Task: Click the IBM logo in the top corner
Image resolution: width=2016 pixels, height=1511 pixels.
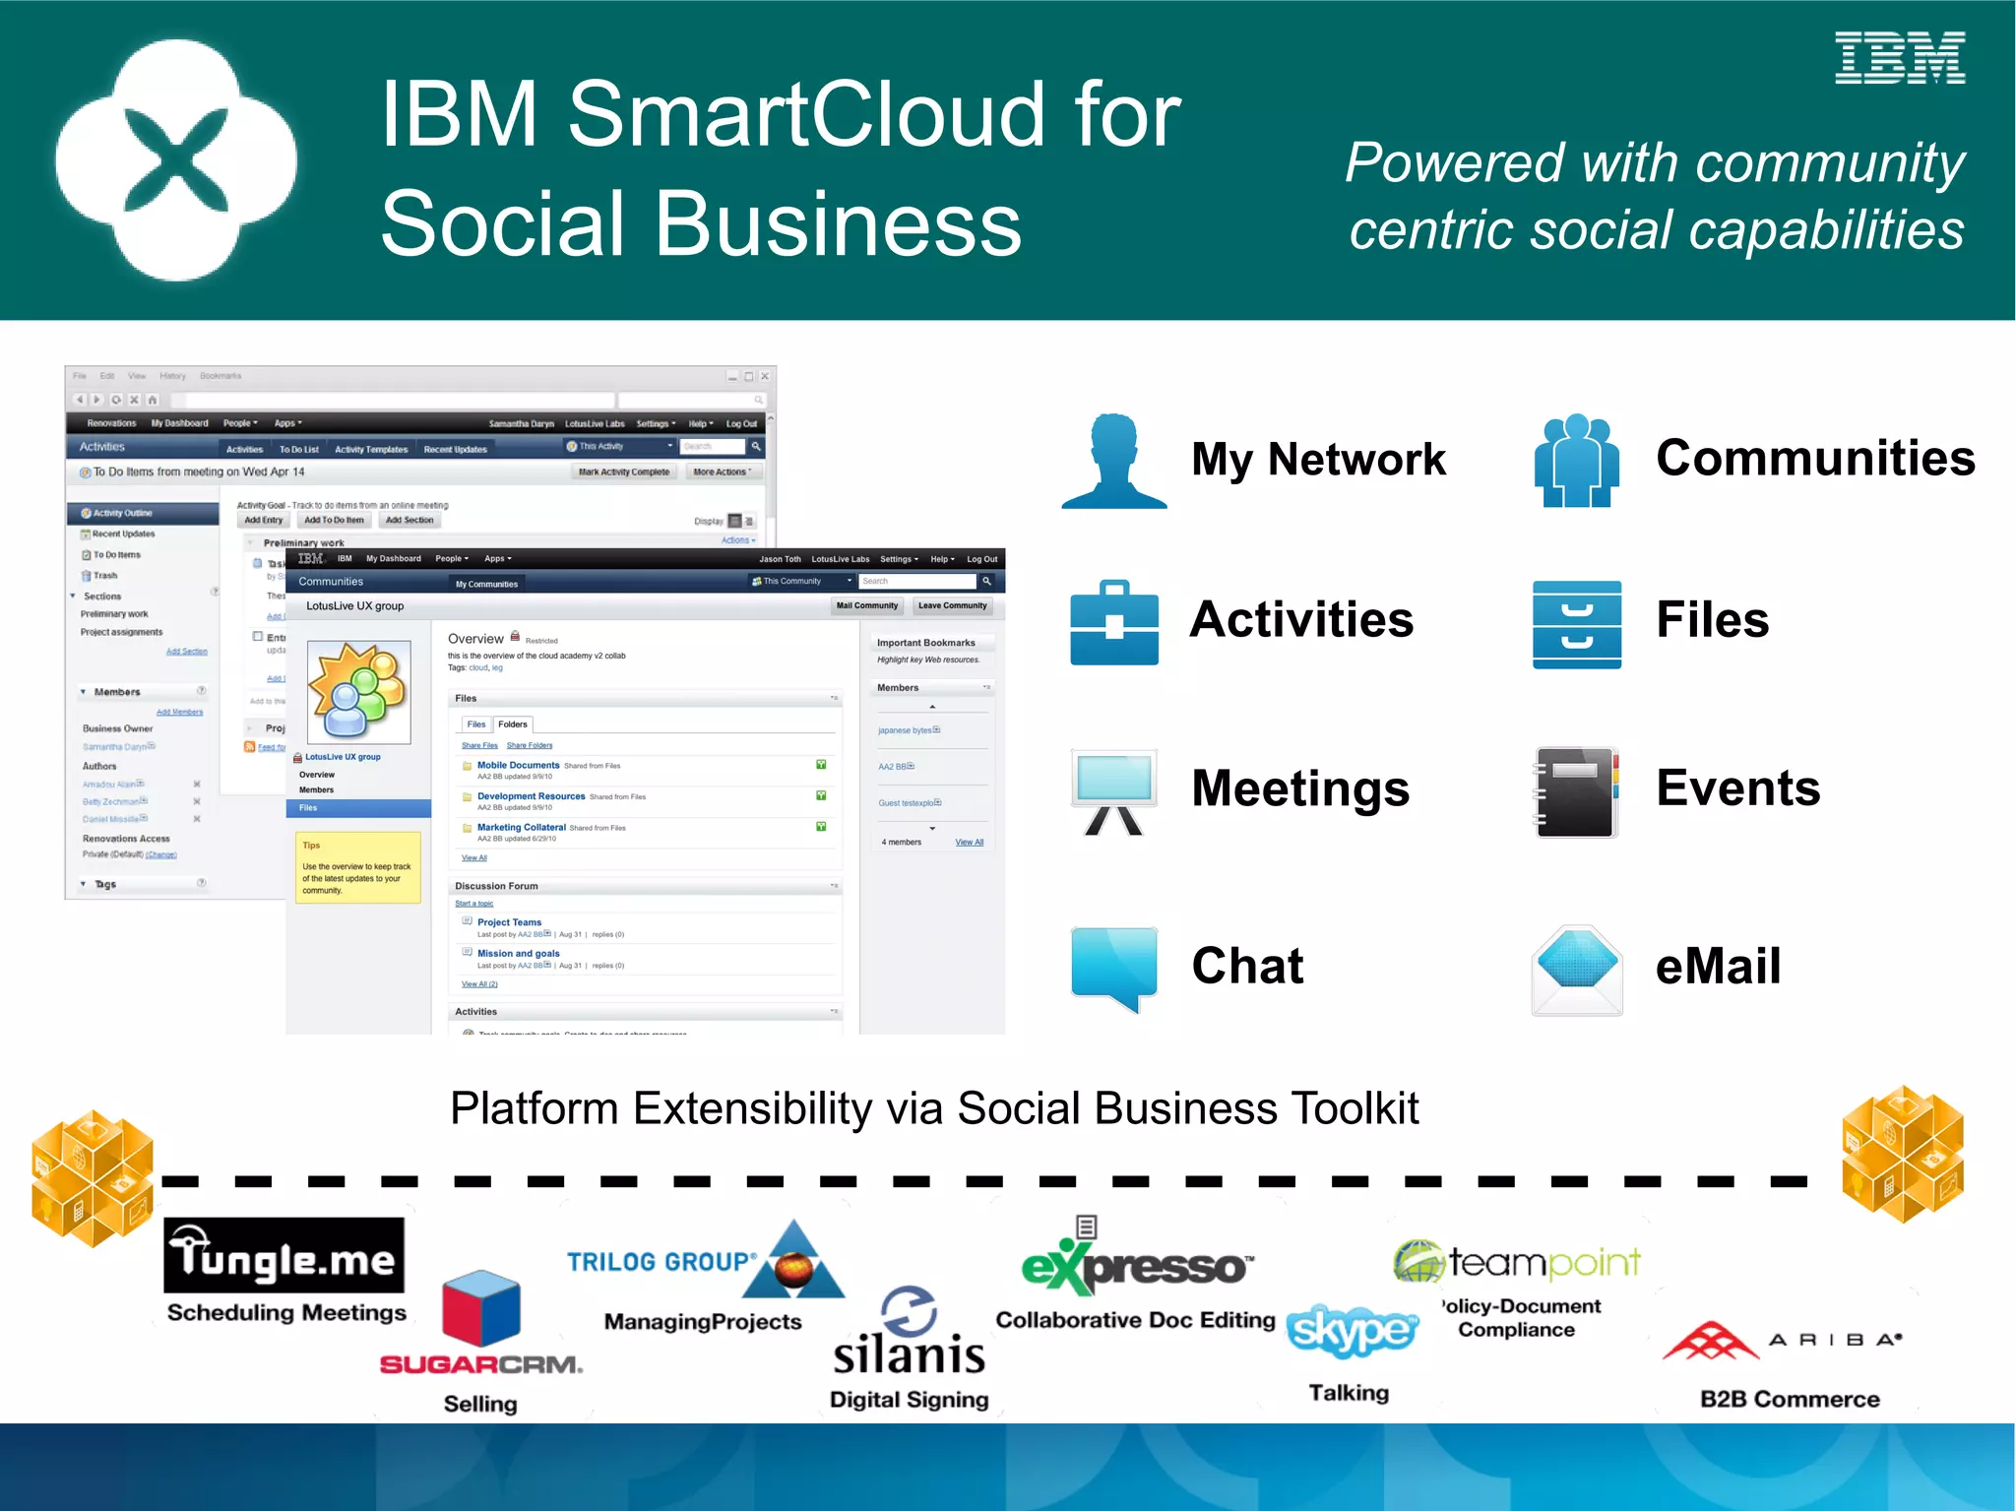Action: pyautogui.click(x=1899, y=58)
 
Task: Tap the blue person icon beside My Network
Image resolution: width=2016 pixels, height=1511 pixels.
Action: pyautogui.click(x=1114, y=462)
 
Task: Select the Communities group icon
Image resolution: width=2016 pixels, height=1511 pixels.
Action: pyautogui.click(x=1576, y=461)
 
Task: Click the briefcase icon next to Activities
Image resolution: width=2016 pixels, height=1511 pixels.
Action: pyautogui.click(x=1114, y=623)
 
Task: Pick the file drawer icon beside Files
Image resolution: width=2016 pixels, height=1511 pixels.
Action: pyautogui.click(x=1576, y=624)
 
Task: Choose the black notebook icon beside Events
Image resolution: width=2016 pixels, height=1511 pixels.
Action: pyautogui.click(x=1576, y=791)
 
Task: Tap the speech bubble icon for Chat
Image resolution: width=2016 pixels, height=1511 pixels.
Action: pyautogui.click(x=1114, y=968)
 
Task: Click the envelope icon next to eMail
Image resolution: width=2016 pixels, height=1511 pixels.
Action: pyautogui.click(x=1577, y=970)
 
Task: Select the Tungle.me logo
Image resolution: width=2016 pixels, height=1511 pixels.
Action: pyautogui.click(x=283, y=1255)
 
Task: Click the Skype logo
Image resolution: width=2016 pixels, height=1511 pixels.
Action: pyautogui.click(x=1352, y=1331)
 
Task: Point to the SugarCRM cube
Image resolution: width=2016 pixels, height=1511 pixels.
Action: pyautogui.click(x=480, y=1307)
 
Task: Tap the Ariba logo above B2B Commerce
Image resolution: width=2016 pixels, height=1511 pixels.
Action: pyautogui.click(x=1782, y=1340)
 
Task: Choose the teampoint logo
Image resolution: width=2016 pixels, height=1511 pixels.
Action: pyautogui.click(x=1517, y=1261)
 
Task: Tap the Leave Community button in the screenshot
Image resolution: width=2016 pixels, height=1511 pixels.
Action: pyautogui.click(x=952, y=606)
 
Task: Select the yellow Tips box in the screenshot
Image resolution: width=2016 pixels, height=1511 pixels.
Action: pyautogui.click(x=358, y=867)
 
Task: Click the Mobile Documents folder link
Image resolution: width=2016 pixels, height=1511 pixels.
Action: pyautogui.click(x=518, y=765)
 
